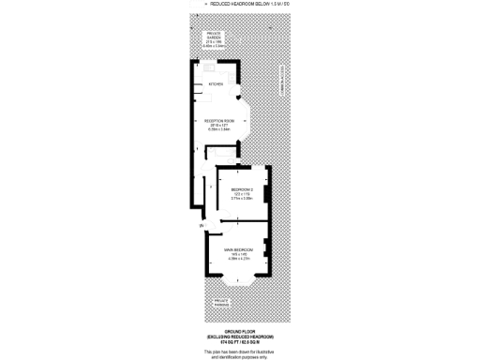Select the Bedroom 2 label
[x=242, y=189]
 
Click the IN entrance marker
[x=200, y=227]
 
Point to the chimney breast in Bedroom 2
[x=267, y=194]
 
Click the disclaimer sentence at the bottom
[x=241, y=353]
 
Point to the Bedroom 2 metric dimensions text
[x=242, y=200]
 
